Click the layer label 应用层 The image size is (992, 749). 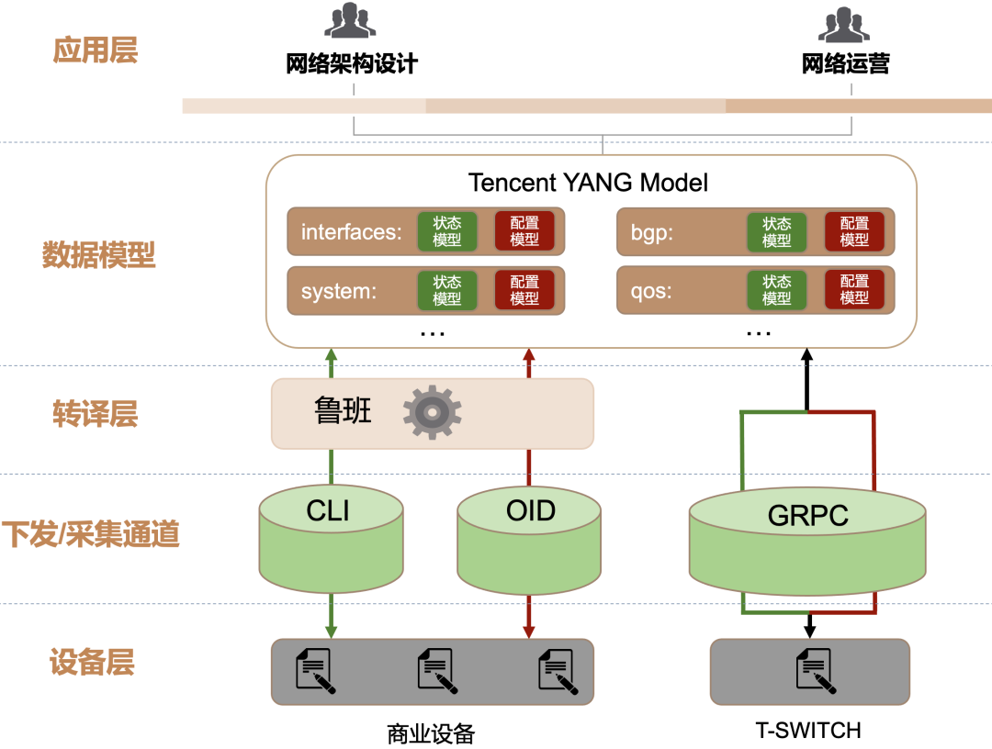point(96,50)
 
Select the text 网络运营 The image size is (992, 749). point(845,63)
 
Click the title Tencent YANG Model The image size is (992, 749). point(588,182)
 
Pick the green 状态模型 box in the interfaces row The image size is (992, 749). point(447,231)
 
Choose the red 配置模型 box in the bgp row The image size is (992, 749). point(854,231)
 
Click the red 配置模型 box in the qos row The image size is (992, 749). point(854,290)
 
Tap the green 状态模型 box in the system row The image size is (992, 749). point(447,290)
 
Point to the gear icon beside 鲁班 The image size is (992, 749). point(432,412)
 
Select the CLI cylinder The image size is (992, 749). point(332,542)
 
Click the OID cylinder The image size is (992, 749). point(530,542)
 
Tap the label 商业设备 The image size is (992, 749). point(431,733)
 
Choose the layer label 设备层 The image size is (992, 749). point(92,662)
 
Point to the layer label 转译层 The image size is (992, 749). point(95,414)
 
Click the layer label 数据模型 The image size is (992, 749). point(99,255)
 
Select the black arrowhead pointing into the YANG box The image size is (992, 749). point(807,355)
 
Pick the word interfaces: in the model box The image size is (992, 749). point(352,232)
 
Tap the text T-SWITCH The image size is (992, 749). point(808,731)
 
